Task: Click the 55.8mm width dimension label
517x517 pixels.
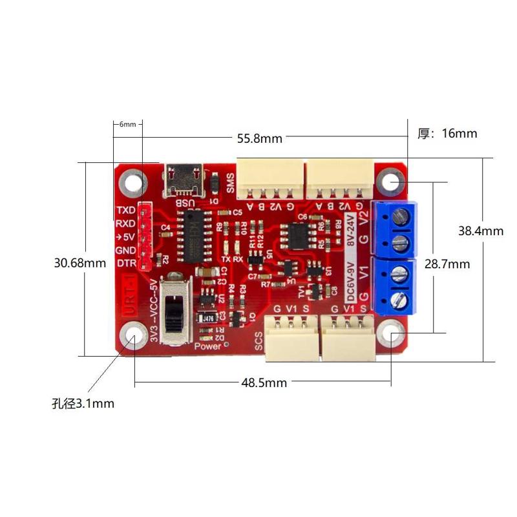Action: (259, 138)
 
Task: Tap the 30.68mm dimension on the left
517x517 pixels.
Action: (80, 264)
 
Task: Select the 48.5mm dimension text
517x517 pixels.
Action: (264, 383)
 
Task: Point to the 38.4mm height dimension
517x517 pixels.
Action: (480, 231)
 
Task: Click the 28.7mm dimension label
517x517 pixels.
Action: (447, 264)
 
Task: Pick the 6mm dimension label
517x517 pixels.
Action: (127, 124)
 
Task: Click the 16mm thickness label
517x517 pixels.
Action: (448, 134)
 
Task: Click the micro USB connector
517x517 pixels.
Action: (185, 180)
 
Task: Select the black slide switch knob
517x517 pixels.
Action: (173, 315)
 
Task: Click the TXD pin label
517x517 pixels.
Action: (125, 211)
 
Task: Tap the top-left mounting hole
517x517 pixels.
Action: (133, 182)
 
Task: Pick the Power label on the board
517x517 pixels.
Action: (207, 346)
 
